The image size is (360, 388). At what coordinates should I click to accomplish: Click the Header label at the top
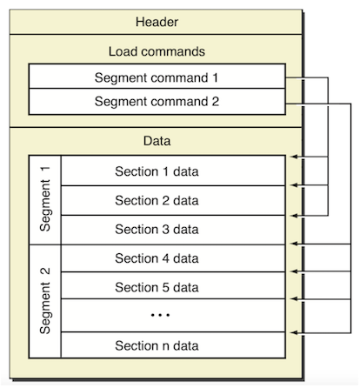tap(157, 22)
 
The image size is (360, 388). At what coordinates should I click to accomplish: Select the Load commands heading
tap(157, 51)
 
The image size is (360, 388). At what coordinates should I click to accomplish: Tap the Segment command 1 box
tap(157, 77)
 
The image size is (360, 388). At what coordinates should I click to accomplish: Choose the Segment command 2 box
tap(157, 102)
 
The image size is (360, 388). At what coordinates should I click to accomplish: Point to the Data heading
tap(157, 141)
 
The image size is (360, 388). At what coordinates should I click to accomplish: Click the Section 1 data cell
tap(173, 171)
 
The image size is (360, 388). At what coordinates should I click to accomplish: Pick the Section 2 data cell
tap(173, 200)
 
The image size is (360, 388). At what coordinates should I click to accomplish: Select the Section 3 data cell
tap(173, 230)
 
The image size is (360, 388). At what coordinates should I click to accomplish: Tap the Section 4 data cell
tap(173, 258)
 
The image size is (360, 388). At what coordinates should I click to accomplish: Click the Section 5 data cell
tap(173, 285)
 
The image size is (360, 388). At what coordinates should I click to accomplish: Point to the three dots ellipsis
tap(160, 315)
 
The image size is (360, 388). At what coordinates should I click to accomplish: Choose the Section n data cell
tap(173, 345)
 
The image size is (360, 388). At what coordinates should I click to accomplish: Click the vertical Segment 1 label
tap(45, 199)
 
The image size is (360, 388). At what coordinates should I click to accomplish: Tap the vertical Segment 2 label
tap(45, 301)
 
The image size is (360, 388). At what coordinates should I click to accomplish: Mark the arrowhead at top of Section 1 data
tap(295, 157)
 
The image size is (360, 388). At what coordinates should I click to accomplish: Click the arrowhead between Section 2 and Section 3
tap(295, 216)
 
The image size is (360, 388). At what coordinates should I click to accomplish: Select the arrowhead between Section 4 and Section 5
tap(295, 271)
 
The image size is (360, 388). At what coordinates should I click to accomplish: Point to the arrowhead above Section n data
tap(295, 332)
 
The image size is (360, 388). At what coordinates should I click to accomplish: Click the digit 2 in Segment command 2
tap(215, 102)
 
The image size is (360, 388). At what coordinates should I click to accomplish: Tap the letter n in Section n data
tap(165, 346)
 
